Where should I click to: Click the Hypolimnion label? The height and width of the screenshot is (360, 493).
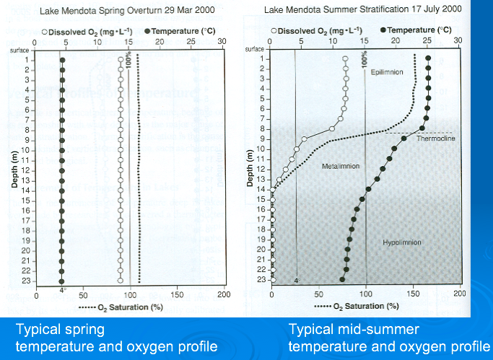click(401, 243)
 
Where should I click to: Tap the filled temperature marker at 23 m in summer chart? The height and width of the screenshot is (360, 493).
click(342, 280)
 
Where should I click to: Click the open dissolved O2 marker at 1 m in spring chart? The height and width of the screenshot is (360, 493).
click(121, 60)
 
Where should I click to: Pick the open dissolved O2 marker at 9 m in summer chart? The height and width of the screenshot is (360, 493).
click(304, 139)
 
